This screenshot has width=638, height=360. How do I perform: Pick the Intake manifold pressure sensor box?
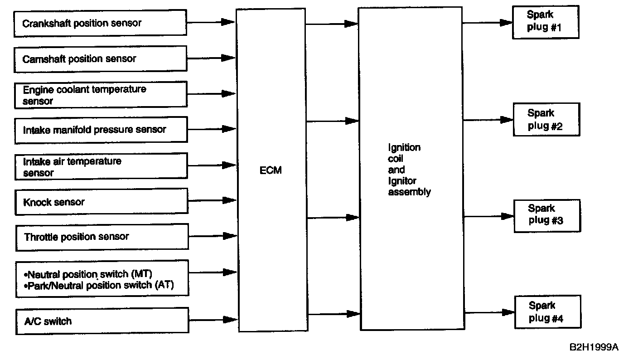101,130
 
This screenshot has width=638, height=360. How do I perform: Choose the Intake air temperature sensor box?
101,166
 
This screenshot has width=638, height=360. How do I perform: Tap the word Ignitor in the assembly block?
402,181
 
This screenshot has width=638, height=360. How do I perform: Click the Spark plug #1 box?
546,22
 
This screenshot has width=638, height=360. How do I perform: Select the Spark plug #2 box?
546,119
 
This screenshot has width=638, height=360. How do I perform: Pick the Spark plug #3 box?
547,215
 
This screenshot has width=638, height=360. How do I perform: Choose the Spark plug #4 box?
547,312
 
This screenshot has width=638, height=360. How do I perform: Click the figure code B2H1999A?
594,347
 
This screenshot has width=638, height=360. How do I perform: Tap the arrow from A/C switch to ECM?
213,320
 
